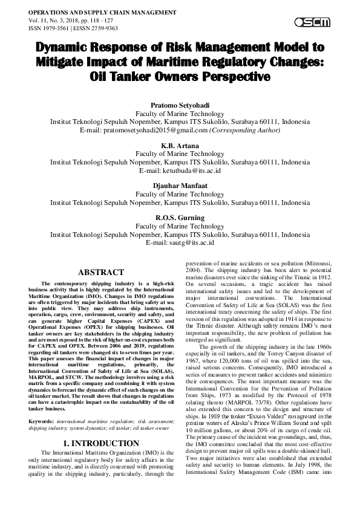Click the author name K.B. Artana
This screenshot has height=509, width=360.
point(180,147)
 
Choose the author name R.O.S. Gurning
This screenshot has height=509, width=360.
point(180,218)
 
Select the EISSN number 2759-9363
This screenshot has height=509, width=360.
point(103,27)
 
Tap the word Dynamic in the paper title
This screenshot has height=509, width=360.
point(65,47)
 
